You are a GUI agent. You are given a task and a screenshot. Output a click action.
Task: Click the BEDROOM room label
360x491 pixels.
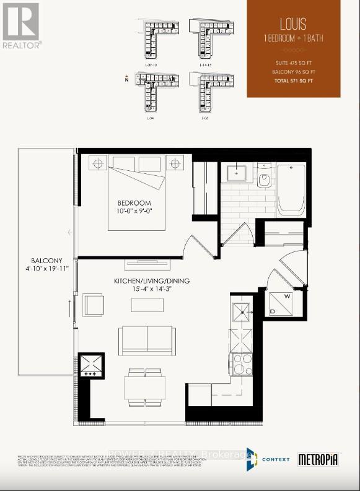[x=134, y=203]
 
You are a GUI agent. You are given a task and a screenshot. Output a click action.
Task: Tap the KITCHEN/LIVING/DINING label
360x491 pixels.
[x=152, y=281]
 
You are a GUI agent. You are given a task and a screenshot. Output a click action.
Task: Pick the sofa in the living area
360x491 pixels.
[x=147, y=340]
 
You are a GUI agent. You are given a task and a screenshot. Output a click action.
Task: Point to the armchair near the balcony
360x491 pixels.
[x=94, y=305]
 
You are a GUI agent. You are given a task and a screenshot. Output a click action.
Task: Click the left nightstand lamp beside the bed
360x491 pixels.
[x=97, y=164]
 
